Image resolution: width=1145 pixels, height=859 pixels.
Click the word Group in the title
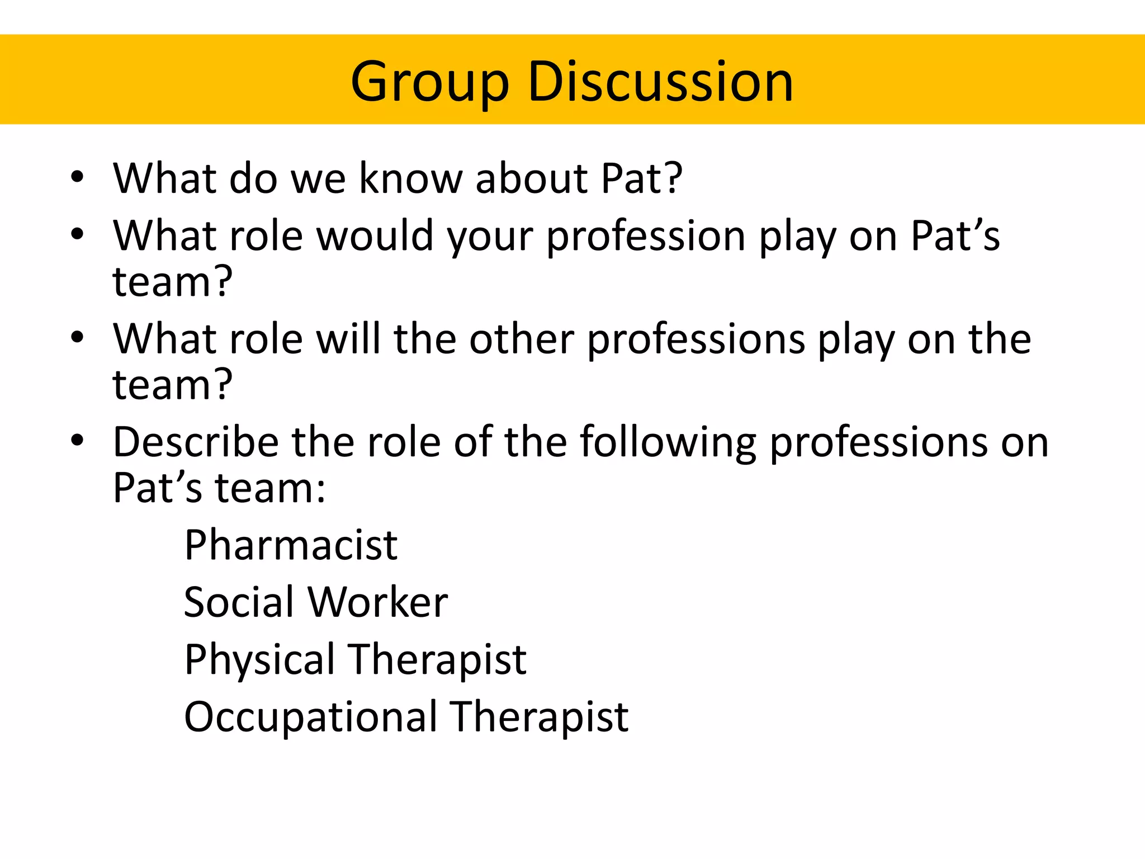pyautogui.click(x=429, y=82)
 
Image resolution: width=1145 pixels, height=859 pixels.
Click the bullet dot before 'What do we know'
pyautogui.click(x=77, y=178)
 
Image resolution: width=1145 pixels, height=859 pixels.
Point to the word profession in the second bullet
pyautogui.click(x=646, y=237)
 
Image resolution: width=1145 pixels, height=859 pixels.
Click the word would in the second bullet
pyautogui.click(x=375, y=235)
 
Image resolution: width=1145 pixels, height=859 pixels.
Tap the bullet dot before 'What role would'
pyautogui.click(x=77, y=235)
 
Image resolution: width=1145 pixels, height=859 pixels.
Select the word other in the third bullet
pyautogui.click(x=521, y=339)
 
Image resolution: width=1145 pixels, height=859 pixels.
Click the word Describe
pyautogui.click(x=195, y=442)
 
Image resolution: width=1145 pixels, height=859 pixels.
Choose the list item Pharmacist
pyautogui.click(x=291, y=545)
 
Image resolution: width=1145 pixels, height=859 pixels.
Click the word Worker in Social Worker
pyautogui.click(x=378, y=602)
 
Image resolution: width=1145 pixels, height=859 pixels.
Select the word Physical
pyautogui.click(x=260, y=660)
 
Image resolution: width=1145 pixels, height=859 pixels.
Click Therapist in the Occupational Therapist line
pyautogui.click(x=541, y=718)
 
